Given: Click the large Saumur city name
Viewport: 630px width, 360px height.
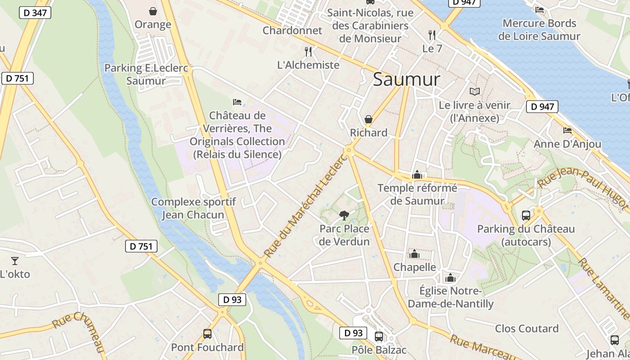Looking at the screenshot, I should point(406,80).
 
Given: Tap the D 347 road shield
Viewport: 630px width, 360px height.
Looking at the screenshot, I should point(35,13).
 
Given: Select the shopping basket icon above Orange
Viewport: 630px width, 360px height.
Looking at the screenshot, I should point(153,11).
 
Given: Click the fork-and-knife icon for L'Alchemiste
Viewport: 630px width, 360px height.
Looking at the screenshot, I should point(308,51).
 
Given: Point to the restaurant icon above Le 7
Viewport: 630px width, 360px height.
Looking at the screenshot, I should point(432,35).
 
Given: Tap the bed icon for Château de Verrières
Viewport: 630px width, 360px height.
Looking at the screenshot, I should point(237,102).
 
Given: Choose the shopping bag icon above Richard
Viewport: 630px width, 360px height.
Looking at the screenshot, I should point(369,119).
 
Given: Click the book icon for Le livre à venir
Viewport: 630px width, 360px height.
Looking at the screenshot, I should point(475,91).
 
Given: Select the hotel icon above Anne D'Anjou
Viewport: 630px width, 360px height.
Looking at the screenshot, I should point(567,130).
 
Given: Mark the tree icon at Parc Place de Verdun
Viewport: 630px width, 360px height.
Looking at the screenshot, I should point(344,215).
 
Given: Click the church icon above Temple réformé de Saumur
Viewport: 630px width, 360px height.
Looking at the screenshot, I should point(417,175).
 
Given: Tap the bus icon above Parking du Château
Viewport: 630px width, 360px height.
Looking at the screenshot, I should point(526,215).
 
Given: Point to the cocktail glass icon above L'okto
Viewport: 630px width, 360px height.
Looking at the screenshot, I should point(15,261).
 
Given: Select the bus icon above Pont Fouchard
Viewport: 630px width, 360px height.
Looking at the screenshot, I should point(207,334).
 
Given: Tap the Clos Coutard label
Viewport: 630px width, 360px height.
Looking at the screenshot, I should point(526,328).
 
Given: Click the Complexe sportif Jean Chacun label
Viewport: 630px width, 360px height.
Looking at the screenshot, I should point(193,208).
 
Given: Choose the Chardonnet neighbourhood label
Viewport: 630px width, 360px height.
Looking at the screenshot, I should point(292,31).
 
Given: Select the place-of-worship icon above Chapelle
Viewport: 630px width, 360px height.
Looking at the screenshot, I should point(414,254).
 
